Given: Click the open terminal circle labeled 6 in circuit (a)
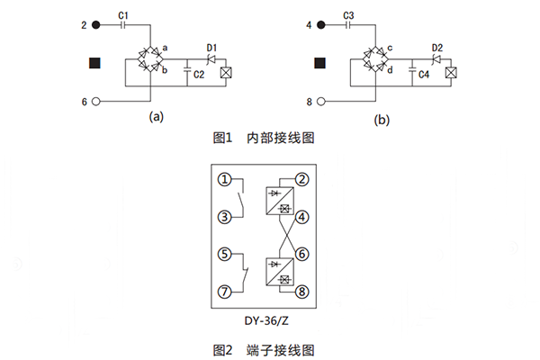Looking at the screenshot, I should point(97,103).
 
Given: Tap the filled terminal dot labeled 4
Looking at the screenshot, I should point(322,25).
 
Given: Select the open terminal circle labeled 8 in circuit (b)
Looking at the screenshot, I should point(322,103).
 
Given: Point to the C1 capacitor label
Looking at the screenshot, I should point(124,15).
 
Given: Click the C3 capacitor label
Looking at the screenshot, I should point(349,15).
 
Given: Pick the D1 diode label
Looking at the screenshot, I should point(212,46).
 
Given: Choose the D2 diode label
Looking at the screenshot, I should point(436,46).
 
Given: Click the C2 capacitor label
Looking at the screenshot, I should point(198,76).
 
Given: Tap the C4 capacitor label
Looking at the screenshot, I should point(422,76).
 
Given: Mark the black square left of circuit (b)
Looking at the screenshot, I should point(319,64).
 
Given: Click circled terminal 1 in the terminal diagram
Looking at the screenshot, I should point(225,180).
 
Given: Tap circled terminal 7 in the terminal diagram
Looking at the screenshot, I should point(225,292).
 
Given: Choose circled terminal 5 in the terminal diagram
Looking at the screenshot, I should point(225,254).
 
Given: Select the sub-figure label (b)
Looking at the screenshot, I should point(382,119).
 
